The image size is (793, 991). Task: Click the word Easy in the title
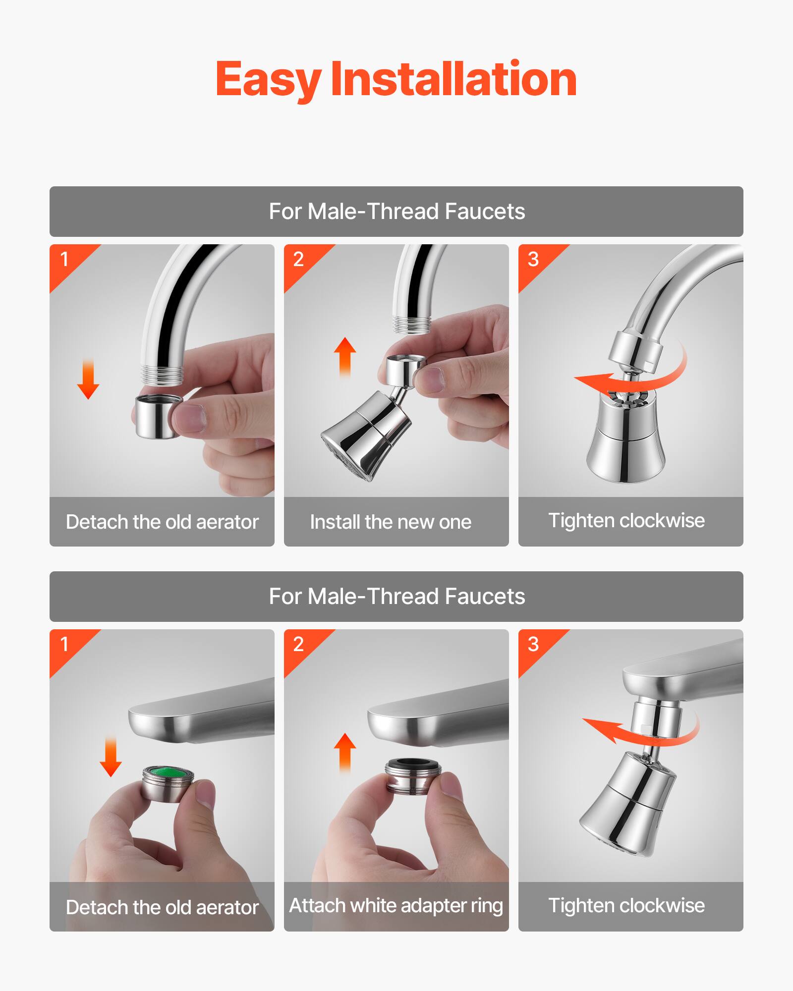pyautogui.click(x=268, y=79)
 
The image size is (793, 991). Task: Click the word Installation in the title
pyautogui.click(x=453, y=79)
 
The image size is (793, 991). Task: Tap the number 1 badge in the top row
pyautogui.click(x=64, y=259)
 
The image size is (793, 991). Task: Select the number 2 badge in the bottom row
pyautogui.click(x=298, y=644)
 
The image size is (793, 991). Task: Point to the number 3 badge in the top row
pyautogui.click(x=533, y=259)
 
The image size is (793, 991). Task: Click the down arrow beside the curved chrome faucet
pyautogui.click(x=88, y=379)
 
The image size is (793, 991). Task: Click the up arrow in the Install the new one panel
pyautogui.click(x=345, y=357)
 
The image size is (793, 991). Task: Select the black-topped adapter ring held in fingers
pyautogui.click(x=413, y=776)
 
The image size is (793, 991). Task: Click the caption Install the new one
pyautogui.click(x=391, y=522)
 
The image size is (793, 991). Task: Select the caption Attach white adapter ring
pyautogui.click(x=396, y=906)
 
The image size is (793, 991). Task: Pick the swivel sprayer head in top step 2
pyautogui.click(x=367, y=436)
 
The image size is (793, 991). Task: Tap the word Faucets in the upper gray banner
pyautogui.click(x=485, y=212)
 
